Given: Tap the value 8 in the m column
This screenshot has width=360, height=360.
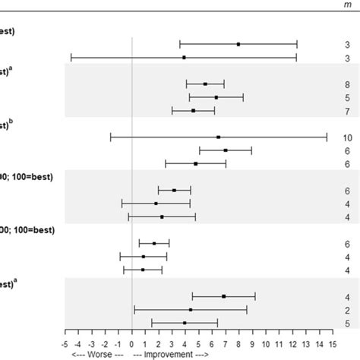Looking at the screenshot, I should [347, 84].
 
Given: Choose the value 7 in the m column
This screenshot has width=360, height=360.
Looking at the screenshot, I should [347, 111].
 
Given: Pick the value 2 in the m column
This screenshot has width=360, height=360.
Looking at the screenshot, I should [347, 310].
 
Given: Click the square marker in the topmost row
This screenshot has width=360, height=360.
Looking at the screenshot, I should [238, 44].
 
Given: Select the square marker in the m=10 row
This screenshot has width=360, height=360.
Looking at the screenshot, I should [219, 137].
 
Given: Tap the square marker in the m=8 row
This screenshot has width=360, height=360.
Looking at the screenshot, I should [205, 84].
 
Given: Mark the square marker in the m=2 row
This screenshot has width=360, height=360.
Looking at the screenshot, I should [191, 310].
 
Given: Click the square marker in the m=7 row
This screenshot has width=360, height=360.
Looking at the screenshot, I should [194, 111].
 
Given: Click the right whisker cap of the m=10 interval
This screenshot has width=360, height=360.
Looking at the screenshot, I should [327, 137].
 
